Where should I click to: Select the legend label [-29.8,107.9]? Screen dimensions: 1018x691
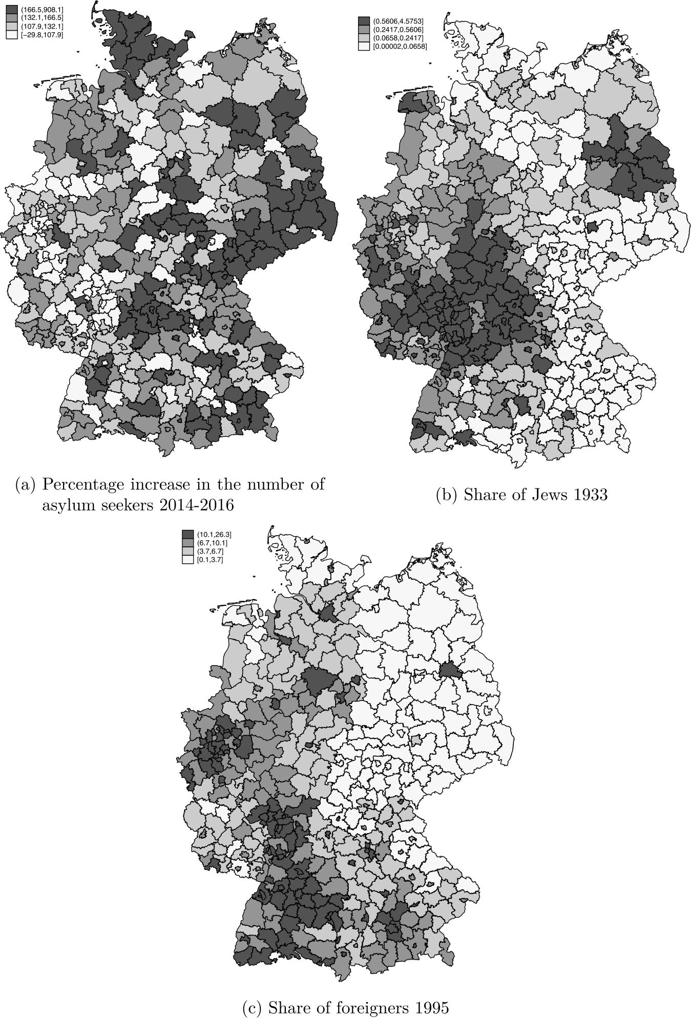pyautogui.click(x=42, y=35)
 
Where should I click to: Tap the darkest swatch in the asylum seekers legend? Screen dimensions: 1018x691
pyautogui.click(x=11, y=9)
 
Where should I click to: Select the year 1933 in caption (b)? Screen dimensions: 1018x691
pyautogui.click(x=588, y=495)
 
